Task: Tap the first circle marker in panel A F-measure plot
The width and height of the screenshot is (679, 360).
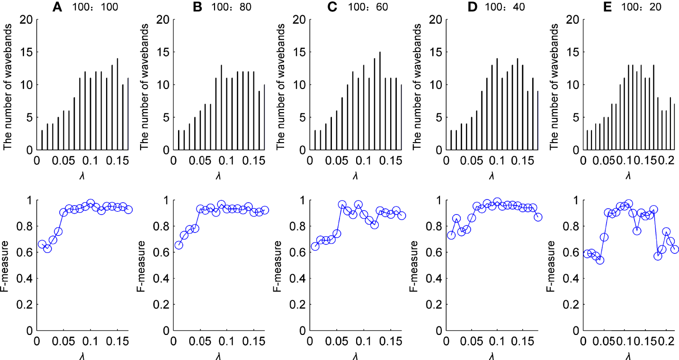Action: click(x=42, y=244)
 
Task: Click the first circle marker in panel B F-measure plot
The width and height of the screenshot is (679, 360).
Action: click(x=179, y=245)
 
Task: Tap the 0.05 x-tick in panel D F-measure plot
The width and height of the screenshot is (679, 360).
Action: click(x=471, y=342)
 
